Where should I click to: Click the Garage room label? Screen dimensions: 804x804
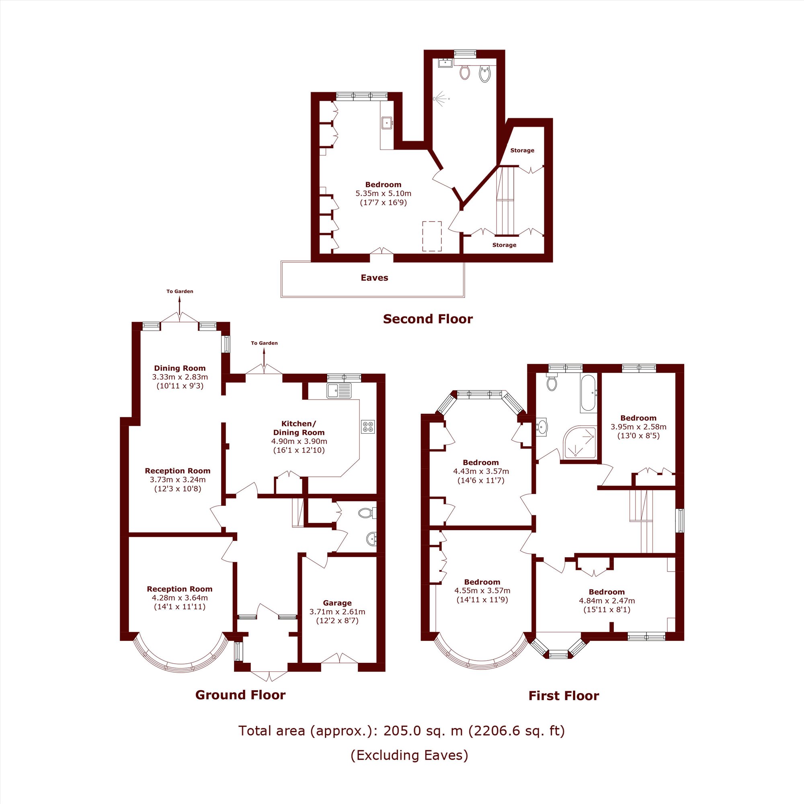(337, 603)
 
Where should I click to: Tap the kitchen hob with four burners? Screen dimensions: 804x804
(368, 427)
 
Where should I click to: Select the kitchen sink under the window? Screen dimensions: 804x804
(339, 391)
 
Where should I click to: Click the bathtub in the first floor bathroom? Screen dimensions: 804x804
(588, 393)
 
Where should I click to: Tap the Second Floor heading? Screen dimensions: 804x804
(427, 319)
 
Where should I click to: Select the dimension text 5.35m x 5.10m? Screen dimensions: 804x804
(383, 193)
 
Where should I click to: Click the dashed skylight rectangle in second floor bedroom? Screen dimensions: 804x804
(432, 236)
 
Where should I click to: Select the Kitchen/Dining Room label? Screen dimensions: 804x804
(298, 428)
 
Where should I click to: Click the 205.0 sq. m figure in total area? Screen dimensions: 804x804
(423, 731)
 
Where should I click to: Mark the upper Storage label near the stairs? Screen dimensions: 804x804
(522, 150)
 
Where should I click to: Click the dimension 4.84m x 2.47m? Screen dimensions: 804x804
(607, 601)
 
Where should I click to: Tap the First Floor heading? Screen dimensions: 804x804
(564, 696)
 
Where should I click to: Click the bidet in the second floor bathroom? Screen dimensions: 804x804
(485, 74)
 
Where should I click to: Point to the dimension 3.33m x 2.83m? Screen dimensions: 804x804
(180, 377)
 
